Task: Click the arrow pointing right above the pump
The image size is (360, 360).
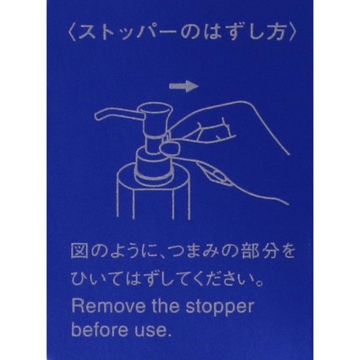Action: pyautogui.click(x=184, y=86)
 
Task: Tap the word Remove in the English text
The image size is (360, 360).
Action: pyautogui.click(x=109, y=306)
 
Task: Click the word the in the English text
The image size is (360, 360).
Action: pyautogui.click(x=166, y=306)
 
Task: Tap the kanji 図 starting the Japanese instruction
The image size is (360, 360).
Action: pyautogui.click(x=79, y=251)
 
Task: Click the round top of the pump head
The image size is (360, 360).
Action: pyautogui.click(x=156, y=109)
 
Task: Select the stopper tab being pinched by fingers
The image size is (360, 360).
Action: pyautogui.click(x=170, y=148)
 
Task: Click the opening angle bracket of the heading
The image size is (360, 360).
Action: pyautogui.click(x=71, y=33)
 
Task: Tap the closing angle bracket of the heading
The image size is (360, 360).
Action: pyautogui.click(x=292, y=32)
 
